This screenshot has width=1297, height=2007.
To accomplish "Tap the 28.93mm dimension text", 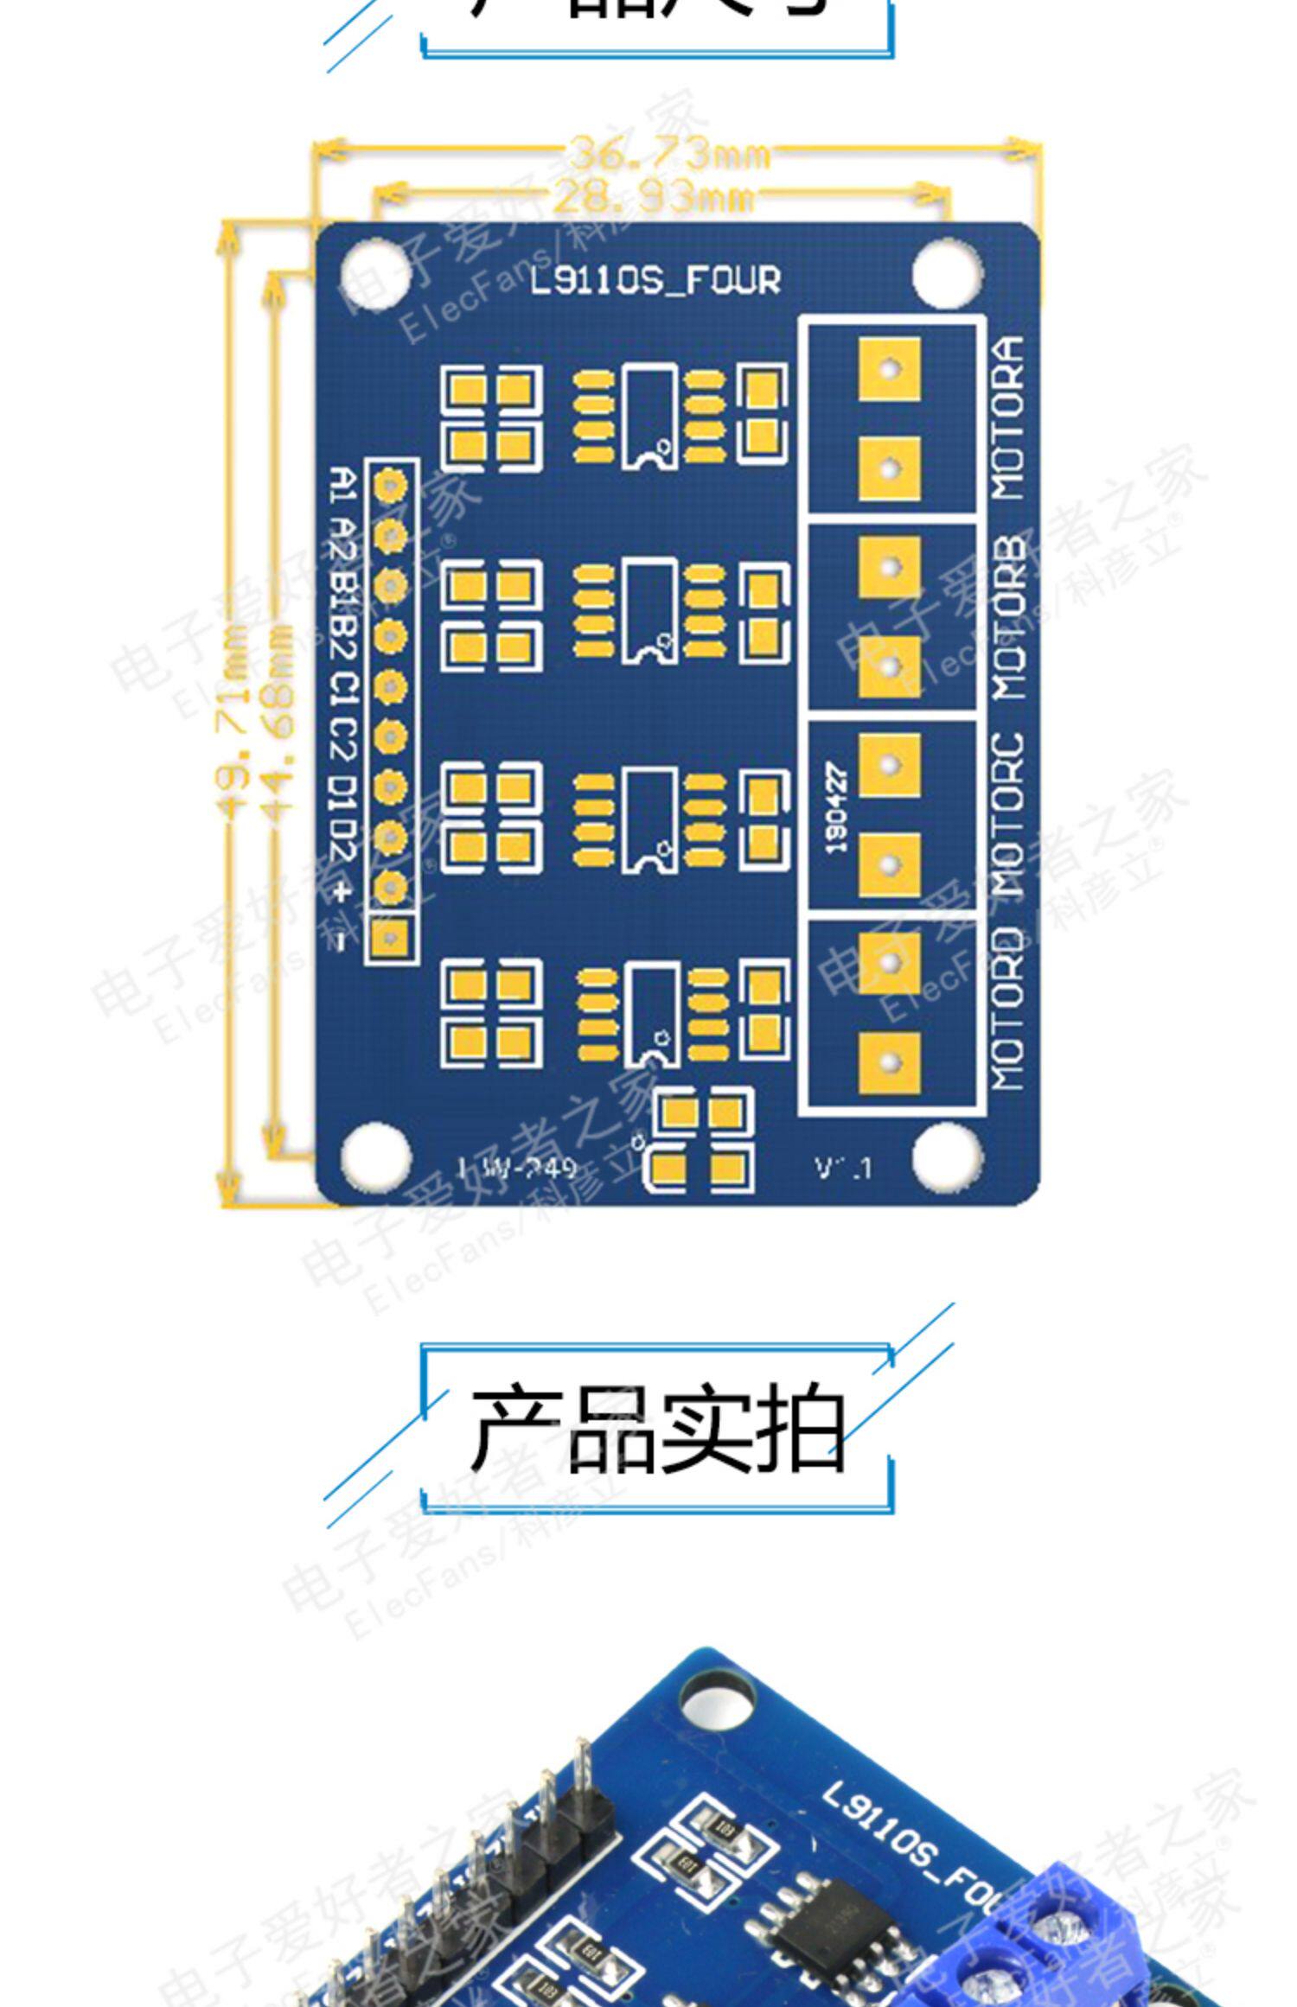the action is (653, 198).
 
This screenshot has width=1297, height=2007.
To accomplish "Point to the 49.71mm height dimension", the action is (230, 724).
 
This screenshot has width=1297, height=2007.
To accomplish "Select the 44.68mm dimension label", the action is (278, 724).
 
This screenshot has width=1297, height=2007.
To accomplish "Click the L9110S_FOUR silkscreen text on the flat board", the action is (655, 281).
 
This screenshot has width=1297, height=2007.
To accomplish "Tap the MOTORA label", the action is (1008, 418).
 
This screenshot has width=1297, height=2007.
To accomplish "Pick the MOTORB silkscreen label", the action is (1008, 618).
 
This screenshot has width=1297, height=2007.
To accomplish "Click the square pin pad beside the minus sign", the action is (390, 936).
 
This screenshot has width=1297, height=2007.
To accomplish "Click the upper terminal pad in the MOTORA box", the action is (889, 369).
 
